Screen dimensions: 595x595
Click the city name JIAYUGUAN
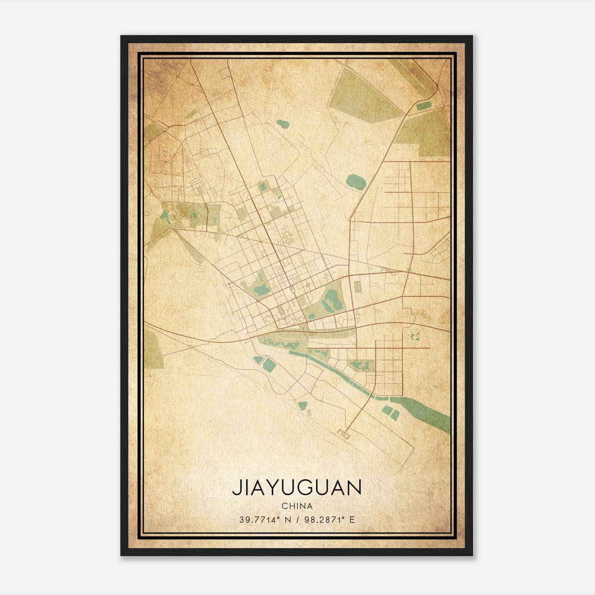[x=297, y=488]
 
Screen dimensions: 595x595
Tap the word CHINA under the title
[x=297, y=506]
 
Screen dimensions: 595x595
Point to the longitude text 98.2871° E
[x=329, y=520]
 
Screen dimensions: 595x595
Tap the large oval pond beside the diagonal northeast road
[x=356, y=182]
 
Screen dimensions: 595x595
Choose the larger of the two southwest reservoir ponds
[x=269, y=365]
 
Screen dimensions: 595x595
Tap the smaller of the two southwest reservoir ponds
[x=257, y=359]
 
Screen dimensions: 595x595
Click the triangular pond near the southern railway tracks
[x=303, y=405]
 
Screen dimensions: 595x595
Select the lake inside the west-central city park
[x=260, y=288]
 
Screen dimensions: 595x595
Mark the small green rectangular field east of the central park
[x=358, y=286]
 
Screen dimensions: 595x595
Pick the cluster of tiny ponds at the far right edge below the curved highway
[x=415, y=337]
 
